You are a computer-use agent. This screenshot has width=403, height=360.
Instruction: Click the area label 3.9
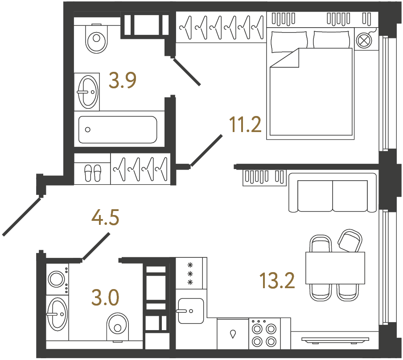coord(123,81)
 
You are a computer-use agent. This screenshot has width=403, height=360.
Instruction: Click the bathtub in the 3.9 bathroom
coord(118,130)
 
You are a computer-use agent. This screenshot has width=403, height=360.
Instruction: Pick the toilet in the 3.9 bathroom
coord(96,38)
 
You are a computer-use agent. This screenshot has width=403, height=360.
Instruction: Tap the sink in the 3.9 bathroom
coord(87,91)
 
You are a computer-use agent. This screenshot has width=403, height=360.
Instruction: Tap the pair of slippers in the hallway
coord(93,172)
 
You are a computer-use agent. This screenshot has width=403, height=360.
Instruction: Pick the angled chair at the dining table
coord(350,241)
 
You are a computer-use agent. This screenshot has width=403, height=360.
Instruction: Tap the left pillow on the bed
coord(289,41)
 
